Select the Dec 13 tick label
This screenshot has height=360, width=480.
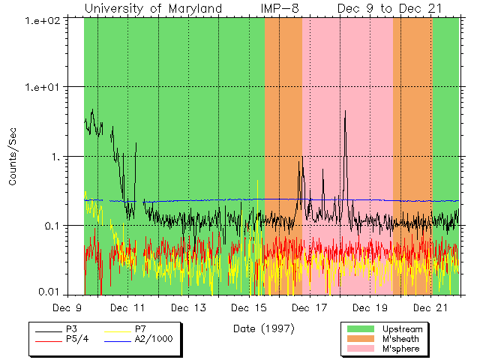190,308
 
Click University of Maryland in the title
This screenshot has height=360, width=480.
153,8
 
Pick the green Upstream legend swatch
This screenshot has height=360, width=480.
360,329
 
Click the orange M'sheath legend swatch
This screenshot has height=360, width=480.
360,339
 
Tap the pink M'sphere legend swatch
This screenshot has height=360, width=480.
360,349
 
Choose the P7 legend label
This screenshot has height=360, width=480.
140,329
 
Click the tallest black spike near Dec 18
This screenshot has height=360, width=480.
345,112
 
